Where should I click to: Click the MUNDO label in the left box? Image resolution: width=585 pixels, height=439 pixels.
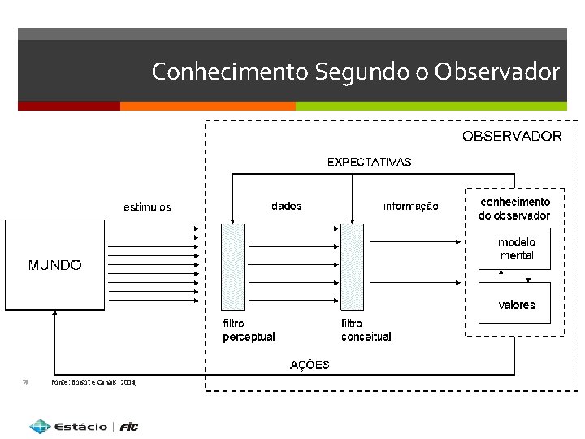tap(54, 265)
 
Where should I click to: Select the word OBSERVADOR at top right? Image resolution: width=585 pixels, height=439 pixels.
tap(512, 136)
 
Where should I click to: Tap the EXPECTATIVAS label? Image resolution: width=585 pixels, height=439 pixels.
tap(369, 162)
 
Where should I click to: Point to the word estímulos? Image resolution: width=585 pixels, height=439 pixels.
tap(147, 206)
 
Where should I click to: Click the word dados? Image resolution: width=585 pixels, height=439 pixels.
tap(286, 206)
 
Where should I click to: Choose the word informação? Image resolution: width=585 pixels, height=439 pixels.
tap(410, 206)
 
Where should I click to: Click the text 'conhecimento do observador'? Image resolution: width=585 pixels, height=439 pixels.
tap(514, 208)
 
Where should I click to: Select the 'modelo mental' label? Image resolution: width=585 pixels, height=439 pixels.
tap(517, 249)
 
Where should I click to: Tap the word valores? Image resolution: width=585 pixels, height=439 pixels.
tap(517, 305)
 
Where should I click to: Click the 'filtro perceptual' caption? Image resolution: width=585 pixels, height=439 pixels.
tap(249, 330)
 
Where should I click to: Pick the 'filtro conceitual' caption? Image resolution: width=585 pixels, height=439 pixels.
tap(366, 330)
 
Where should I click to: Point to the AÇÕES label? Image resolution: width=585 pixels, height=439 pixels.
tap(310, 364)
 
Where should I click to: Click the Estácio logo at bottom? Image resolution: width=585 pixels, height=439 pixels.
tap(68, 426)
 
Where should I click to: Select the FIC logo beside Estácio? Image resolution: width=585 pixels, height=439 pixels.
tap(129, 427)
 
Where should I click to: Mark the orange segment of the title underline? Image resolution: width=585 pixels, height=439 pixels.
tap(207, 106)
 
